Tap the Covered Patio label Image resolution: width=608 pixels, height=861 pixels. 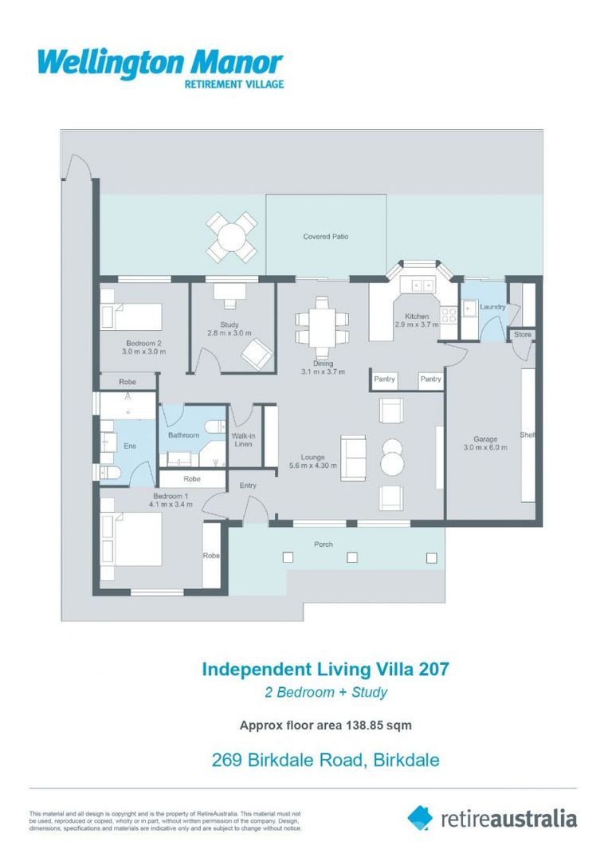click(x=325, y=237)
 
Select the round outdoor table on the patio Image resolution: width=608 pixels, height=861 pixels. click(x=232, y=237)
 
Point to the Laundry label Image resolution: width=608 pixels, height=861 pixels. click(x=493, y=307)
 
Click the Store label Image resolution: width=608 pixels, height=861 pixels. click(x=522, y=334)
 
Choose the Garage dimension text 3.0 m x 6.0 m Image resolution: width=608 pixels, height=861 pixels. click(x=485, y=447)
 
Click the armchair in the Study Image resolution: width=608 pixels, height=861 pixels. click(x=257, y=353)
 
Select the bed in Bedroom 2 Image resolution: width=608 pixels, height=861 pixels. click(x=131, y=316)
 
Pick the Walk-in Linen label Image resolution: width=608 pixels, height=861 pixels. click(x=243, y=439)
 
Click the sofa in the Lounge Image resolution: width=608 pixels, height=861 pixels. click(x=353, y=458)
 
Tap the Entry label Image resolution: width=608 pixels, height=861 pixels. click(x=248, y=485)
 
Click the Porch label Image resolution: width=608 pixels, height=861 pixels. click(x=323, y=545)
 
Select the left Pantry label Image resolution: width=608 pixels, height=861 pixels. click(x=384, y=379)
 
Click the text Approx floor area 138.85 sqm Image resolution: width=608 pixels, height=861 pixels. click(x=325, y=725)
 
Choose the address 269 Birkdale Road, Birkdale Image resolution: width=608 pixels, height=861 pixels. click(x=325, y=760)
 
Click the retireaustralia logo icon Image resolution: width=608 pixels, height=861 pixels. click(x=420, y=817)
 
